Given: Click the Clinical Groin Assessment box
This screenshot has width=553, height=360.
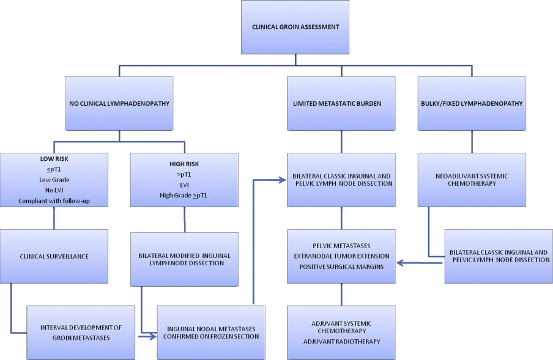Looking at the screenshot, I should pyautogui.click(x=296, y=27).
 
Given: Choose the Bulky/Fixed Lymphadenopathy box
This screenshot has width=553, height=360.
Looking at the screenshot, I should pyautogui.click(x=471, y=103).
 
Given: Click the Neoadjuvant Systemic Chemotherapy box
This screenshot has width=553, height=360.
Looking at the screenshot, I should pyautogui.click(x=471, y=180).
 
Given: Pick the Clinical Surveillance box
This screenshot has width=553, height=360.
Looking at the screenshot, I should pyautogui.click(x=54, y=256).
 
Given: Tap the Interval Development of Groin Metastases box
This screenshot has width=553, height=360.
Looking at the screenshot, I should pyautogui.click(x=80, y=332).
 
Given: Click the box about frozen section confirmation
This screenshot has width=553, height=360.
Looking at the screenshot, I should pyautogui.click(x=211, y=332).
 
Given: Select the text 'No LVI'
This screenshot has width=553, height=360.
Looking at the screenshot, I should pyautogui.click(x=54, y=191).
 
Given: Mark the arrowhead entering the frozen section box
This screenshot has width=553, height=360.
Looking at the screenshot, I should pyautogui.click(x=154, y=336).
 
